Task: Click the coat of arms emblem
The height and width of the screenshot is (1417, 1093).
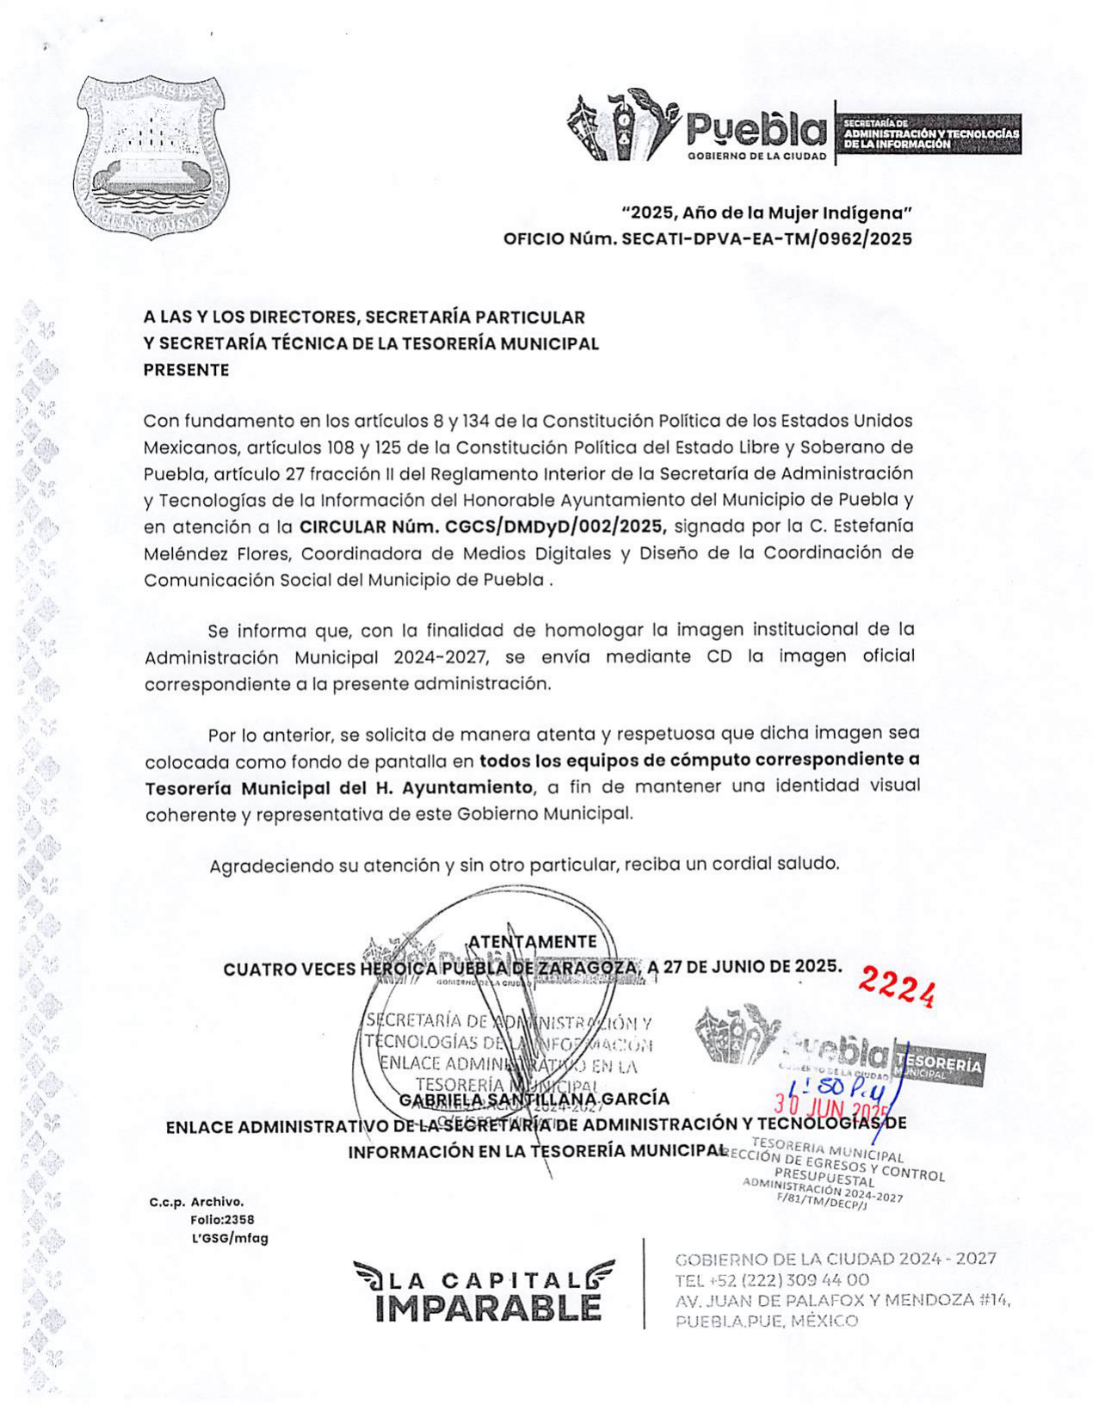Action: coord(151,156)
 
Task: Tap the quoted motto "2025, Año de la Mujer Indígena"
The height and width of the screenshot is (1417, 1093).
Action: coord(767,213)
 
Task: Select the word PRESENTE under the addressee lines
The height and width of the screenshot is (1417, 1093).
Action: coord(186,370)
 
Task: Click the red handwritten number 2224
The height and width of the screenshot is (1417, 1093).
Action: coord(898,987)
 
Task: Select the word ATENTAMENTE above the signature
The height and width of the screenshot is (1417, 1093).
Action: coord(532,941)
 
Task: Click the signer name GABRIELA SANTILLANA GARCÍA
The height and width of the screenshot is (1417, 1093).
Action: coord(534,1099)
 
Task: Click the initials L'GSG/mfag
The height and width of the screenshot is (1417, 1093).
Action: coord(230,1238)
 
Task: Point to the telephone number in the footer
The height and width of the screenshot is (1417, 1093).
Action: coord(772,1279)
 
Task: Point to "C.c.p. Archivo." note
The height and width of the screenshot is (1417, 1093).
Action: coord(196,1202)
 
